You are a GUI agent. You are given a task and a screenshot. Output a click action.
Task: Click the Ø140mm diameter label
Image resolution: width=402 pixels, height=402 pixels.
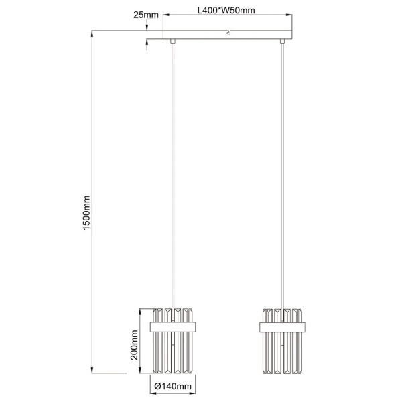173,386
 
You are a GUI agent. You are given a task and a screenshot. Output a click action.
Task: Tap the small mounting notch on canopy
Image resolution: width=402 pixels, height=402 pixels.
228,31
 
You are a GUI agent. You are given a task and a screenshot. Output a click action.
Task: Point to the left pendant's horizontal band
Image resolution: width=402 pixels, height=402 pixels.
174,326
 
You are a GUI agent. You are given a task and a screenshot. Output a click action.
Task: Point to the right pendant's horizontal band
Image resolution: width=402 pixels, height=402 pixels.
282,326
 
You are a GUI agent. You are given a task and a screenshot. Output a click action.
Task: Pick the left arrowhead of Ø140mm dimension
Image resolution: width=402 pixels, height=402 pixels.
151,378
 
